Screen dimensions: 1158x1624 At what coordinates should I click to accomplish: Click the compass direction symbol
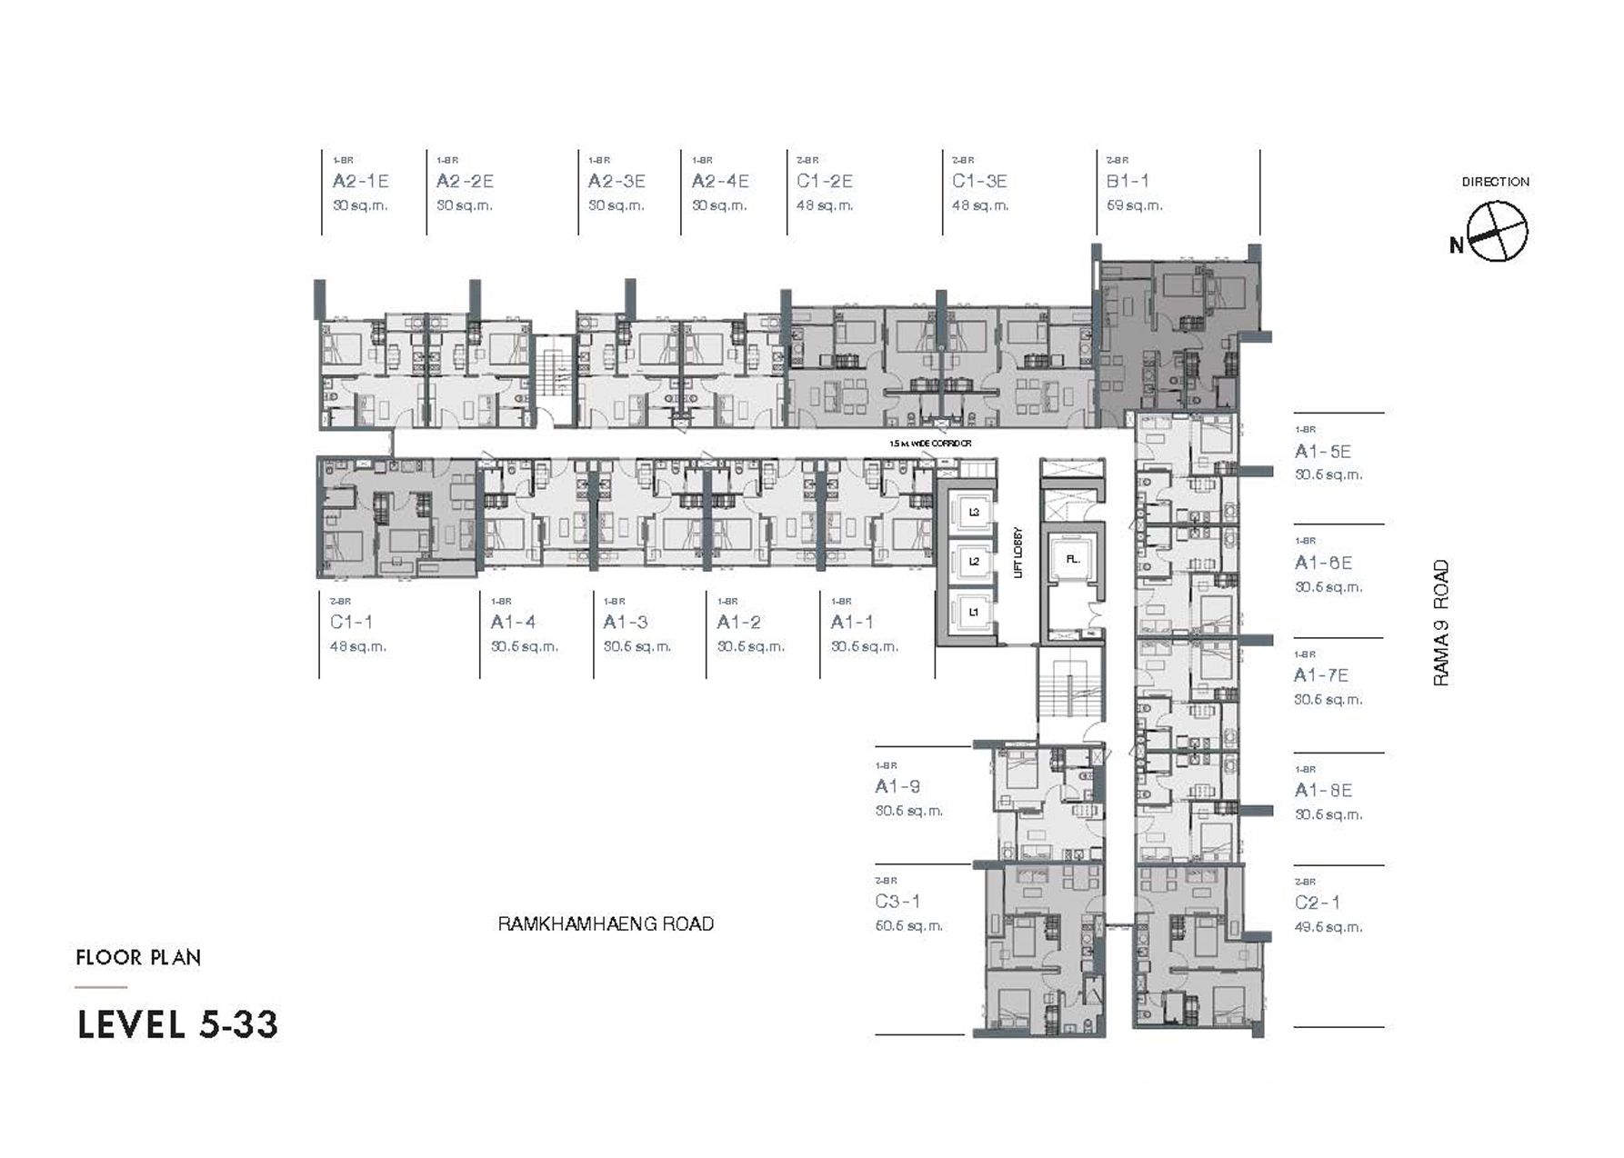pyautogui.click(x=1497, y=232)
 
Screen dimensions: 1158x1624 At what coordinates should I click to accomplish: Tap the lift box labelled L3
pyautogui.click(x=973, y=513)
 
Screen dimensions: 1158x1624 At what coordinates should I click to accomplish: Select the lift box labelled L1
pyautogui.click(x=973, y=612)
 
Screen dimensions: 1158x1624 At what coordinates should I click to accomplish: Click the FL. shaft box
pyautogui.click(x=1073, y=559)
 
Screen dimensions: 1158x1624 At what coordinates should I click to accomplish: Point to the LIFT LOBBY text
pyautogui.click(x=1018, y=553)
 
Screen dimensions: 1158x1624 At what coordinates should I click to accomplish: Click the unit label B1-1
pyautogui.click(x=1128, y=181)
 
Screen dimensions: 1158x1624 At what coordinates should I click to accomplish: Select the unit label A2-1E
pyautogui.click(x=360, y=181)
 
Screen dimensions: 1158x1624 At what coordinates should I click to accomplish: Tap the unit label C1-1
pyautogui.click(x=351, y=622)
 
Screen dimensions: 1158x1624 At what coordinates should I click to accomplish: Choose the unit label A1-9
pyautogui.click(x=897, y=786)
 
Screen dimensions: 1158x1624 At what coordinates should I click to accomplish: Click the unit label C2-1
pyautogui.click(x=1317, y=903)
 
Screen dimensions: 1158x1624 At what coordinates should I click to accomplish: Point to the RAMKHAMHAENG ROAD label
pyautogui.click(x=606, y=923)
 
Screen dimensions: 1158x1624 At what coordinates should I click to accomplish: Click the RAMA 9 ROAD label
pyautogui.click(x=1441, y=623)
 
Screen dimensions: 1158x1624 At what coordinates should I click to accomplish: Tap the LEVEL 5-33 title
pyautogui.click(x=178, y=1024)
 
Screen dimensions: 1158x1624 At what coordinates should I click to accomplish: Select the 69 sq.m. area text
pyautogui.click(x=1134, y=205)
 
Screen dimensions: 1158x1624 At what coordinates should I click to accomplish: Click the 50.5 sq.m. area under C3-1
pyautogui.click(x=908, y=925)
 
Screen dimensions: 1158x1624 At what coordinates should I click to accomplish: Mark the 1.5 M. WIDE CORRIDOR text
pyautogui.click(x=930, y=444)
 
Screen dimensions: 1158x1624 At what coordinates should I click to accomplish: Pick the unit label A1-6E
pyautogui.click(x=1323, y=563)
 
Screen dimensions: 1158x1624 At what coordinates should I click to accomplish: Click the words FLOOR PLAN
pyautogui.click(x=138, y=957)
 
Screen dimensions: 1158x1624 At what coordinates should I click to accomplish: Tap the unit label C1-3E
pyautogui.click(x=979, y=181)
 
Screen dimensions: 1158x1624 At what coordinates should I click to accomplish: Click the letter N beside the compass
pyautogui.click(x=1457, y=245)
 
